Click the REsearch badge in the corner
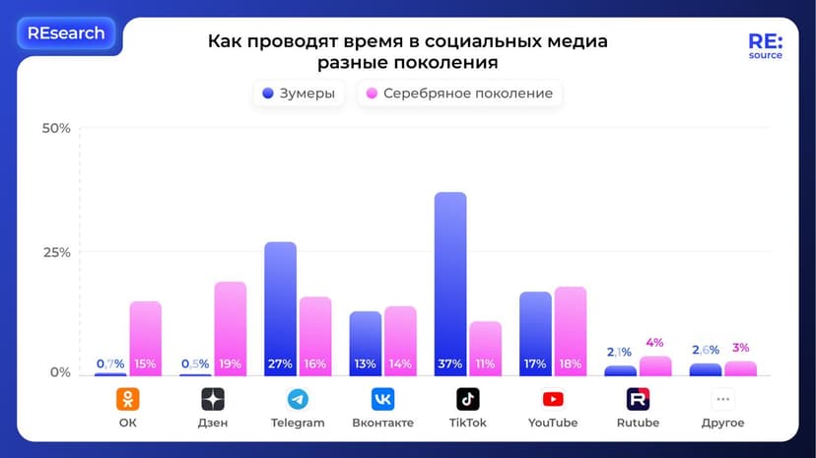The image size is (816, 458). pyautogui.click(x=66, y=33)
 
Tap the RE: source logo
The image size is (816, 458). pyautogui.click(x=765, y=46)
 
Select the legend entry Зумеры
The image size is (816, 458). pyautogui.click(x=299, y=95)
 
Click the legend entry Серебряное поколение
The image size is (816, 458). pyautogui.click(x=459, y=95)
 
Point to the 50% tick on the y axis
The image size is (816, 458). pyautogui.click(x=56, y=129)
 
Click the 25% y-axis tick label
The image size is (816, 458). pyautogui.click(x=56, y=252)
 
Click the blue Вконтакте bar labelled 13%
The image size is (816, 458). pyautogui.click(x=365, y=340)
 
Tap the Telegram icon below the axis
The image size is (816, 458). pyautogui.click(x=298, y=399)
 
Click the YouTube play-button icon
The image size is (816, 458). pyautogui.click(x=553, y=399)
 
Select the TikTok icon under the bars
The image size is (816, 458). pyautogui.click(x=468, y=399)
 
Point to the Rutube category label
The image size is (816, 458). pyautogui.click(x=638, y=424)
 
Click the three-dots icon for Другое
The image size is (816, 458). pyautogui.click(x=723, y=399)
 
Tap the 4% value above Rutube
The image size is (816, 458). pyautogui.click(x=655, y=343)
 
